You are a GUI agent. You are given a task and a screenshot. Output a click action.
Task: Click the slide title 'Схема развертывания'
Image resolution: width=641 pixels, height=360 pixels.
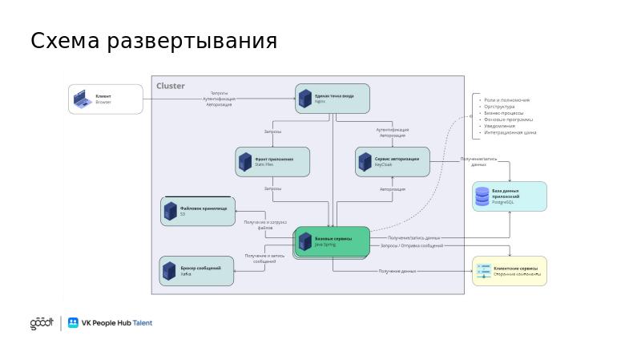(154, 41)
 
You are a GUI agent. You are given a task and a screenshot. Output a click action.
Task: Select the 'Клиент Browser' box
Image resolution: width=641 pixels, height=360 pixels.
(105, 99)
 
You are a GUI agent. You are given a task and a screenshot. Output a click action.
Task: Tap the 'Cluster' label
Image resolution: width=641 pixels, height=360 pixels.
(171, 86)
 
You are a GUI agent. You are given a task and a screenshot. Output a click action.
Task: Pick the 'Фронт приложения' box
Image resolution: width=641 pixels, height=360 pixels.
(272, 161)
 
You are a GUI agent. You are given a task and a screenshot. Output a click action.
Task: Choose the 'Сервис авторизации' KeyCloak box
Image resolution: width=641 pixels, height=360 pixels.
(393, 161)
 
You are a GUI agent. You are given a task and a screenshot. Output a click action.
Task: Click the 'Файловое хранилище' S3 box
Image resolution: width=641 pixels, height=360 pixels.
(198, 211)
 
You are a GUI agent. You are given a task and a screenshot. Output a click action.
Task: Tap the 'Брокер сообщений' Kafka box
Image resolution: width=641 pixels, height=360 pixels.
(196, 270)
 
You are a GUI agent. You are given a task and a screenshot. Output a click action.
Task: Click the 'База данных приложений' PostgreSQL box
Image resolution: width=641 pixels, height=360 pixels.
(510, 196)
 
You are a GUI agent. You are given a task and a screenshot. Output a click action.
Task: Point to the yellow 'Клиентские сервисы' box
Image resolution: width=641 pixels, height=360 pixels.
(510, 271)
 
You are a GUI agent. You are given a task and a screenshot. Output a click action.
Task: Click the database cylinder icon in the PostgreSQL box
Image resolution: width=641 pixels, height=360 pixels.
(482, 196)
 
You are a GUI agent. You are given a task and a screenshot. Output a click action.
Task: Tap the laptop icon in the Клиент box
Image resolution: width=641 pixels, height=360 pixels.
(82, 99)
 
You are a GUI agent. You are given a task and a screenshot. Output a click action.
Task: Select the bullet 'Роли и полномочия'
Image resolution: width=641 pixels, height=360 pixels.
(507, 100)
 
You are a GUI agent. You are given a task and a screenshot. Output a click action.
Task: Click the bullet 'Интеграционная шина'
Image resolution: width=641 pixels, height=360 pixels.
(511, 131)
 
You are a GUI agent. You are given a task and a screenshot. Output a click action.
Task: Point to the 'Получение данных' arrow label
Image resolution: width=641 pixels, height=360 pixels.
(397, 272)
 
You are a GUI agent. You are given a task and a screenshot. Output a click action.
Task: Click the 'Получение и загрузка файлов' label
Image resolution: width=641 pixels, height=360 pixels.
(265, 224)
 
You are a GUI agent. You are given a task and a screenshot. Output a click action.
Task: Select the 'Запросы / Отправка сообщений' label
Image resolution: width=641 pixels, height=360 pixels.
(412, 246)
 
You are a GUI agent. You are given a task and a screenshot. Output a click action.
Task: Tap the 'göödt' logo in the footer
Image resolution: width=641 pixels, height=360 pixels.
(42, 323)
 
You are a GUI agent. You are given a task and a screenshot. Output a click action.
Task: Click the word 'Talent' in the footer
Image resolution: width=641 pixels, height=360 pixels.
(142, 323)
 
